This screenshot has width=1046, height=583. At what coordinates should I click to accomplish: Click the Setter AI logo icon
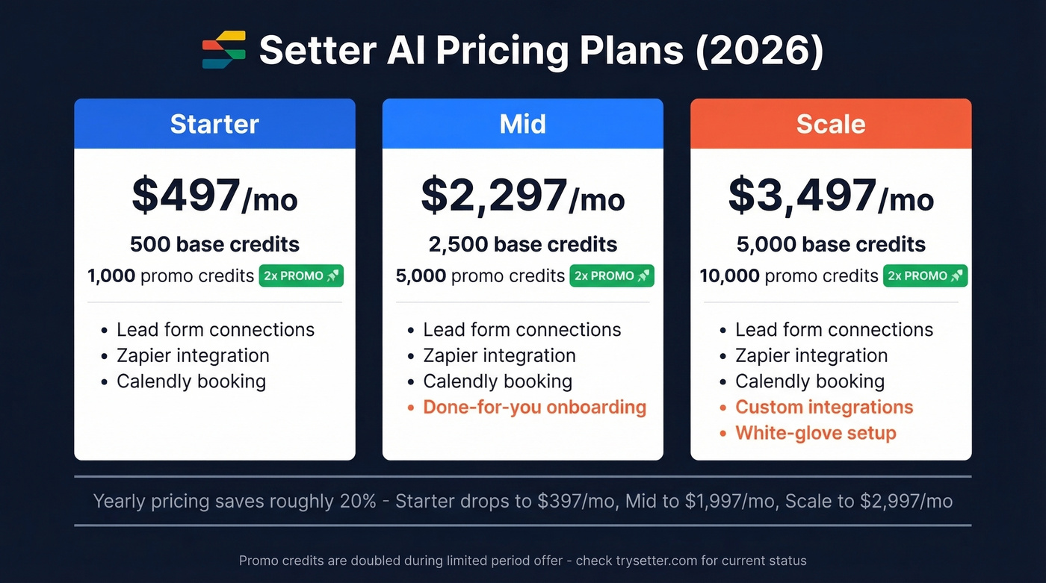tap(224, 50)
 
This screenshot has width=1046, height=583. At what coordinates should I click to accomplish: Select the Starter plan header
tap(214, 124)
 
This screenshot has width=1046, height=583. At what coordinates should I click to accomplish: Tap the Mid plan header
tap(522, 124)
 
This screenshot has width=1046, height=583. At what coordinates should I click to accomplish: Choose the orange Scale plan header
tap(831, 124)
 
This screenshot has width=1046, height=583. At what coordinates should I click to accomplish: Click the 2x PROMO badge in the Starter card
tap(301, 275)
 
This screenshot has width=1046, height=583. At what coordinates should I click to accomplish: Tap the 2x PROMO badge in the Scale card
tap(925, 275)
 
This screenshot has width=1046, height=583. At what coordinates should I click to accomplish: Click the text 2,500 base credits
tap(522, 244)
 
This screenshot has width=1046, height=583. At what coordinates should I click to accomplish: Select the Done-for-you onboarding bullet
tap(534, 408)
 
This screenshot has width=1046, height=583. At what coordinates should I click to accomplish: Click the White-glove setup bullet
tap(815, 433)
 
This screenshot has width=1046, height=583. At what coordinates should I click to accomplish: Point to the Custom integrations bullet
tap(824, 408)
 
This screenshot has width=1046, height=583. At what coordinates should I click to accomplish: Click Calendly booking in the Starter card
tap(191, 381)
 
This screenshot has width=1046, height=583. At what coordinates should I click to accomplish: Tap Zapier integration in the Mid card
tap(499, 356)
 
